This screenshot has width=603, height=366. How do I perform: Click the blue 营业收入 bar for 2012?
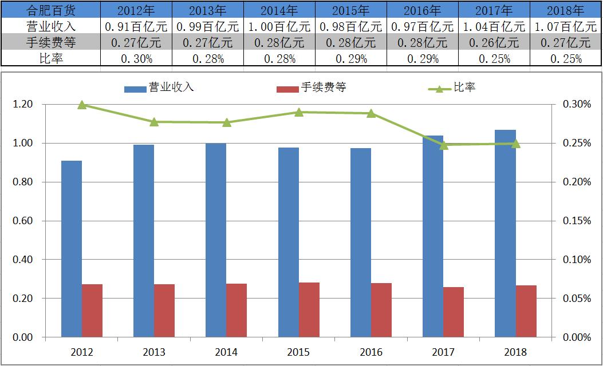click(x=72, y=249)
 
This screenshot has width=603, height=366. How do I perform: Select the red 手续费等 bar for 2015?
click(x=309, y=309)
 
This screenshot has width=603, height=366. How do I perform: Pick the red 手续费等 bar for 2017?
click(x=454, y=312)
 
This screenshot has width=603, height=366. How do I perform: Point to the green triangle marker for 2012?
click(x=82, y=105)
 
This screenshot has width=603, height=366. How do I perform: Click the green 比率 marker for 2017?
click(x=443, y=145)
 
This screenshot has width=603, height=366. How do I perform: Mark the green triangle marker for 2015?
click(x=299, y=112)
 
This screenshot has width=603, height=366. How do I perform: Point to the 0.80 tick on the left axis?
click(x=22, y=182)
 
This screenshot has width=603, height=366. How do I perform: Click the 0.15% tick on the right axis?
click(x=577, y=221)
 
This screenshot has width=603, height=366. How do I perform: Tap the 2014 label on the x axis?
click(x=226, y=352)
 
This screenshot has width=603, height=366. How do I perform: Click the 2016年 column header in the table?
click(x=423, y=10)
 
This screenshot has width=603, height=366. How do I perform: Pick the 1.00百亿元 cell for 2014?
click(x=279, y=26)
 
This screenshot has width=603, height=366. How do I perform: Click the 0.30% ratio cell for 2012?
click(x=136, y=58)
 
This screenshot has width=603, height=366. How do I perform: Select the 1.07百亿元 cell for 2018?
click(x=565, y=26)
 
